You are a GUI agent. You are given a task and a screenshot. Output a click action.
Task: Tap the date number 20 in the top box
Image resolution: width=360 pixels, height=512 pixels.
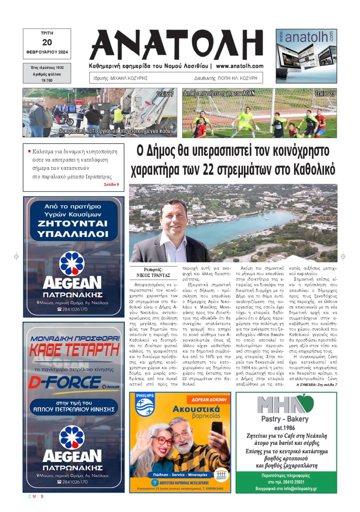point(47,43)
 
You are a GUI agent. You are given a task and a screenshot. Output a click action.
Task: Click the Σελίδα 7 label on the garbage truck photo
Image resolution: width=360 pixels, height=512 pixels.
point(165,94)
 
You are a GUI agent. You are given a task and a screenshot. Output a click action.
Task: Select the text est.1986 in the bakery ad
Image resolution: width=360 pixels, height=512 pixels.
point(286,428)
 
